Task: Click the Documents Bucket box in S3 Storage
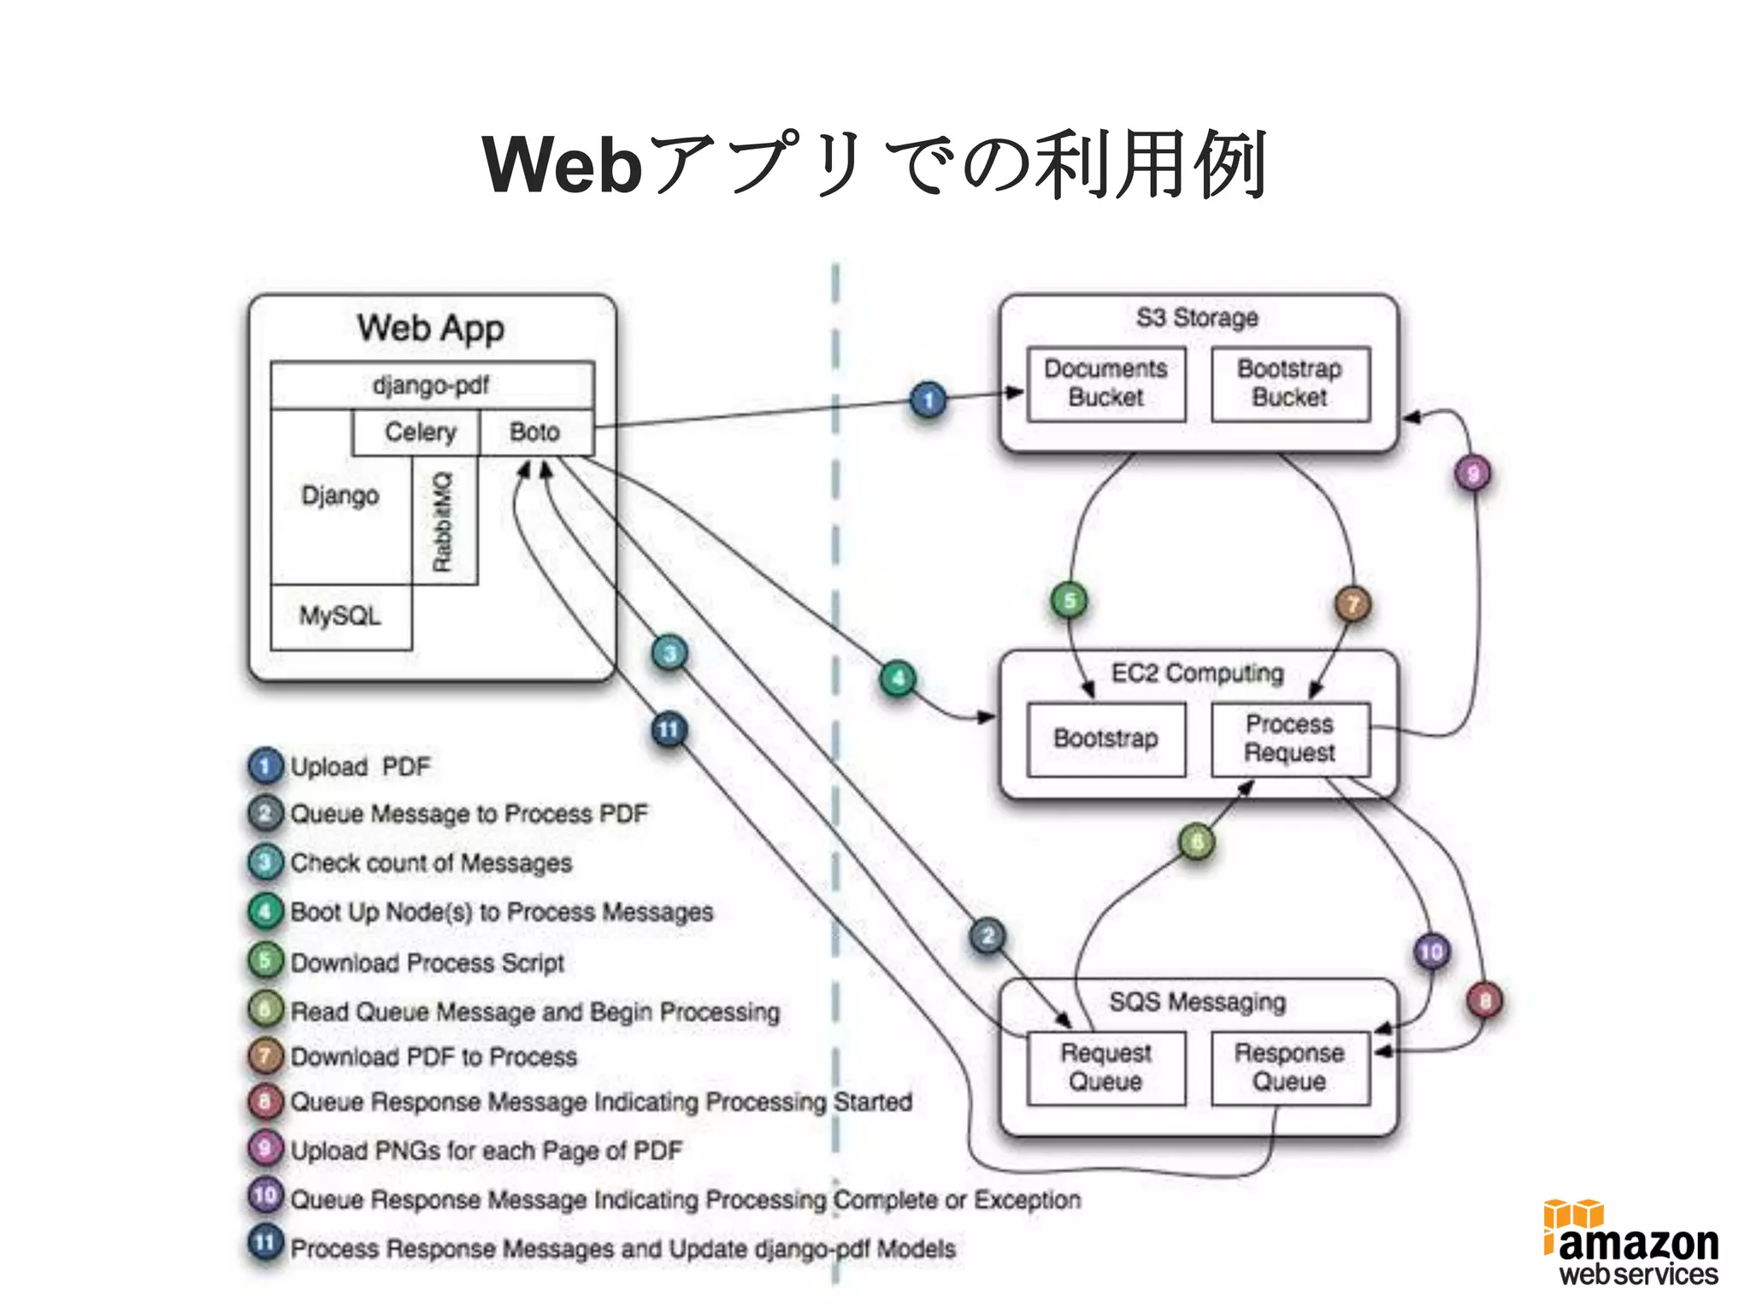[x=1105, y=384]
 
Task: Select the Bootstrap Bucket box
[x=1290, y=384]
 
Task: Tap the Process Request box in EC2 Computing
[x=1290, y=739]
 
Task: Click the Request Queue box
[x=1105, y=1068]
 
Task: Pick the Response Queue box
[x=1290, y=1068]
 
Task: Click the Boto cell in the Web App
[x=535, y=432]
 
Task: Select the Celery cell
[x=420, y=432]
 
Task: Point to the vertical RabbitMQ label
[x=442, y=521]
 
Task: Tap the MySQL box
[x=340, y=616]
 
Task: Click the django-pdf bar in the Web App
[x=431, y=385]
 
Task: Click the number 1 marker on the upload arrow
[x=928, y=400]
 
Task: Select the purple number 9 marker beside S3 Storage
[x=1472, y=474]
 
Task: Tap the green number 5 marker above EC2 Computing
[x=1069, y=601]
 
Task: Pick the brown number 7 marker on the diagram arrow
[x=1353, y=604]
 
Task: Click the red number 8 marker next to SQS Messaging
[x=1485, y=1000]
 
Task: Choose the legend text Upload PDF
[x=360, y=767]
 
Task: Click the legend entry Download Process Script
[x=427, y=963]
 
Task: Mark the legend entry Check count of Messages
[x=431, y=863]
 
